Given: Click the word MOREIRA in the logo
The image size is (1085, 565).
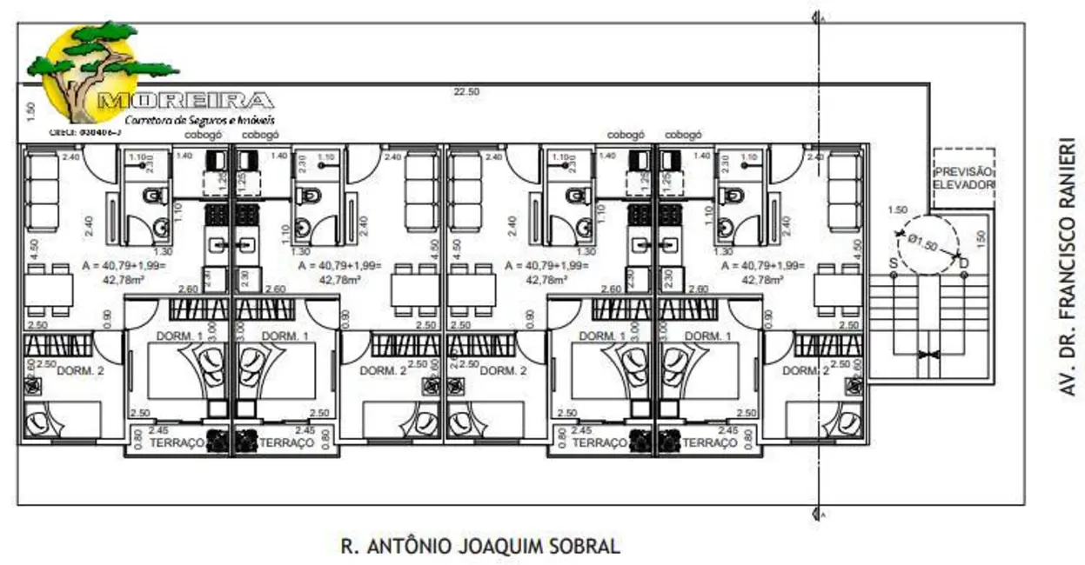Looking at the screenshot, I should pos(186,101).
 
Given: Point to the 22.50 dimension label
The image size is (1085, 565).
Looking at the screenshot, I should pos(465,91).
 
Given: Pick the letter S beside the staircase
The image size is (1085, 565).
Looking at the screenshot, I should pos(893,263).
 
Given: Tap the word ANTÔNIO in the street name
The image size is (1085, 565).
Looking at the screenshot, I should pos(410,547).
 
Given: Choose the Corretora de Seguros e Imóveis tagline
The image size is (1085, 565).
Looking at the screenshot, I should pos(199,119).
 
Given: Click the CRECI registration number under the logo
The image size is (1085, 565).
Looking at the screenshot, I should pos(85,132).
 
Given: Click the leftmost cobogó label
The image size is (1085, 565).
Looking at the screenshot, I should pos(204,135).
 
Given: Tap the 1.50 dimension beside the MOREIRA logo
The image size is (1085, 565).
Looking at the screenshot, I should pos(30,110).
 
